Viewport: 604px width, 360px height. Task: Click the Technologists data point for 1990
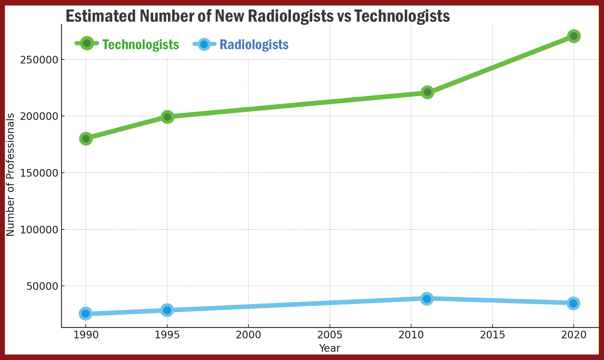click(x=86, y=139)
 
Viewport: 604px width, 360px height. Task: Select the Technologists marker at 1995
click(x=167, y=117)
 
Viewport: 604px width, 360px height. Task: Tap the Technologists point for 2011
click(x=427, y=92)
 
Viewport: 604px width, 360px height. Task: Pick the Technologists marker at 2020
click(x=574, y=36)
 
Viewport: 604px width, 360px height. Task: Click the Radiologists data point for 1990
click(x=86, y=313)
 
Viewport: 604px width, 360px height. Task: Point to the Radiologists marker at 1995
click(x=167, y=310)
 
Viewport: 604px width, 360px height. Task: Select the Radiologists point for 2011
click(x=427, y=299)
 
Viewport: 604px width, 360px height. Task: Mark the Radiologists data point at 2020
click(x=573, y=303)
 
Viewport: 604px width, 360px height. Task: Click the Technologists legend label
click(x=141, y=45)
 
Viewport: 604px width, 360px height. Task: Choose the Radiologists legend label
click(x=254, y=45)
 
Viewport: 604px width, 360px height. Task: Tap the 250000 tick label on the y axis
click(x=39, y=60)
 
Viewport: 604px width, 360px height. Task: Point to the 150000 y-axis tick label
click(x=39, y=173)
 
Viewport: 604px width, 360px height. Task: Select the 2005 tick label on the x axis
click(x=330, y=335)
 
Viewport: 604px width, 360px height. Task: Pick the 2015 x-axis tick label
click(x=493, y=335)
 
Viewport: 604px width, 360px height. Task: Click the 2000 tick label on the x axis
click(x=248, y=335)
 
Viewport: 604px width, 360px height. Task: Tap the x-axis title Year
click(x=330, y=348)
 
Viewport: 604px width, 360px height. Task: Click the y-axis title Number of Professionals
click(x=10, y=175)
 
